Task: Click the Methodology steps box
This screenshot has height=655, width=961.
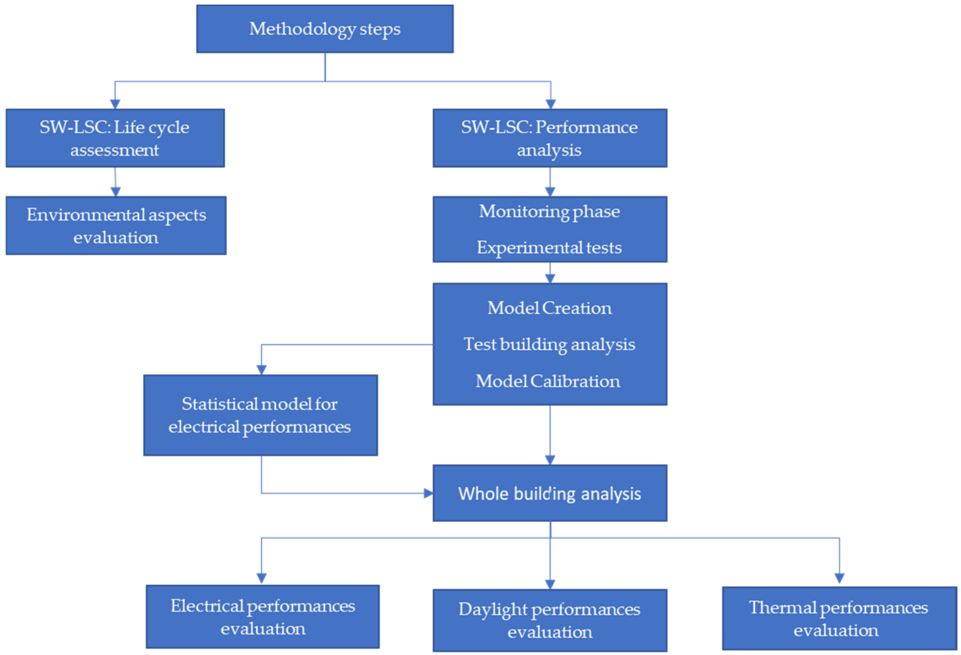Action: pyautogui.click(x=325, y=29)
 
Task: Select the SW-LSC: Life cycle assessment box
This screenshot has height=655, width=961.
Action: pyautogui.click(x=115, y=138)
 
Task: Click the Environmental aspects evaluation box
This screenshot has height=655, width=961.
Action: pyautogui.click(x=116, y=225)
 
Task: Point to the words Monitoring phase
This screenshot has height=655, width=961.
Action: pyautogui.click(x=549, y=212)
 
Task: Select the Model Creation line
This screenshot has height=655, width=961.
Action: pyautogui.click(x=549, y=308)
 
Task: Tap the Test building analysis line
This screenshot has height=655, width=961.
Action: pyautogui.click(x=549, y=345)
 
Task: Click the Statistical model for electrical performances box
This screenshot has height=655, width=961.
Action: pyautogui.click(x=260, y=415)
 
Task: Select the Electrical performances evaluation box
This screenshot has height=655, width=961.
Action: pyautogui.click(x=263, y=617)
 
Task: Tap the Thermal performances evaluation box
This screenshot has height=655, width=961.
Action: pyautogui.click(x=839, y=618)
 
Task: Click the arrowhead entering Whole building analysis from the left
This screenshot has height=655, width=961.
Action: pyautogui.click(x=428, y=493)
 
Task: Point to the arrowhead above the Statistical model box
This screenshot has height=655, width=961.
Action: pyautogui.click(x=261, y=370)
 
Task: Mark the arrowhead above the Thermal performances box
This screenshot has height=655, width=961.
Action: pyautogui.click(x=839, y=578)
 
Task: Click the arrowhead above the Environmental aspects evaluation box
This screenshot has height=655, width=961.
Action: pyautogui.click(x=116, y=191)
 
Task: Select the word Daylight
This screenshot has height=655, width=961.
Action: pyautogui.click(x=493, y=610)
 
